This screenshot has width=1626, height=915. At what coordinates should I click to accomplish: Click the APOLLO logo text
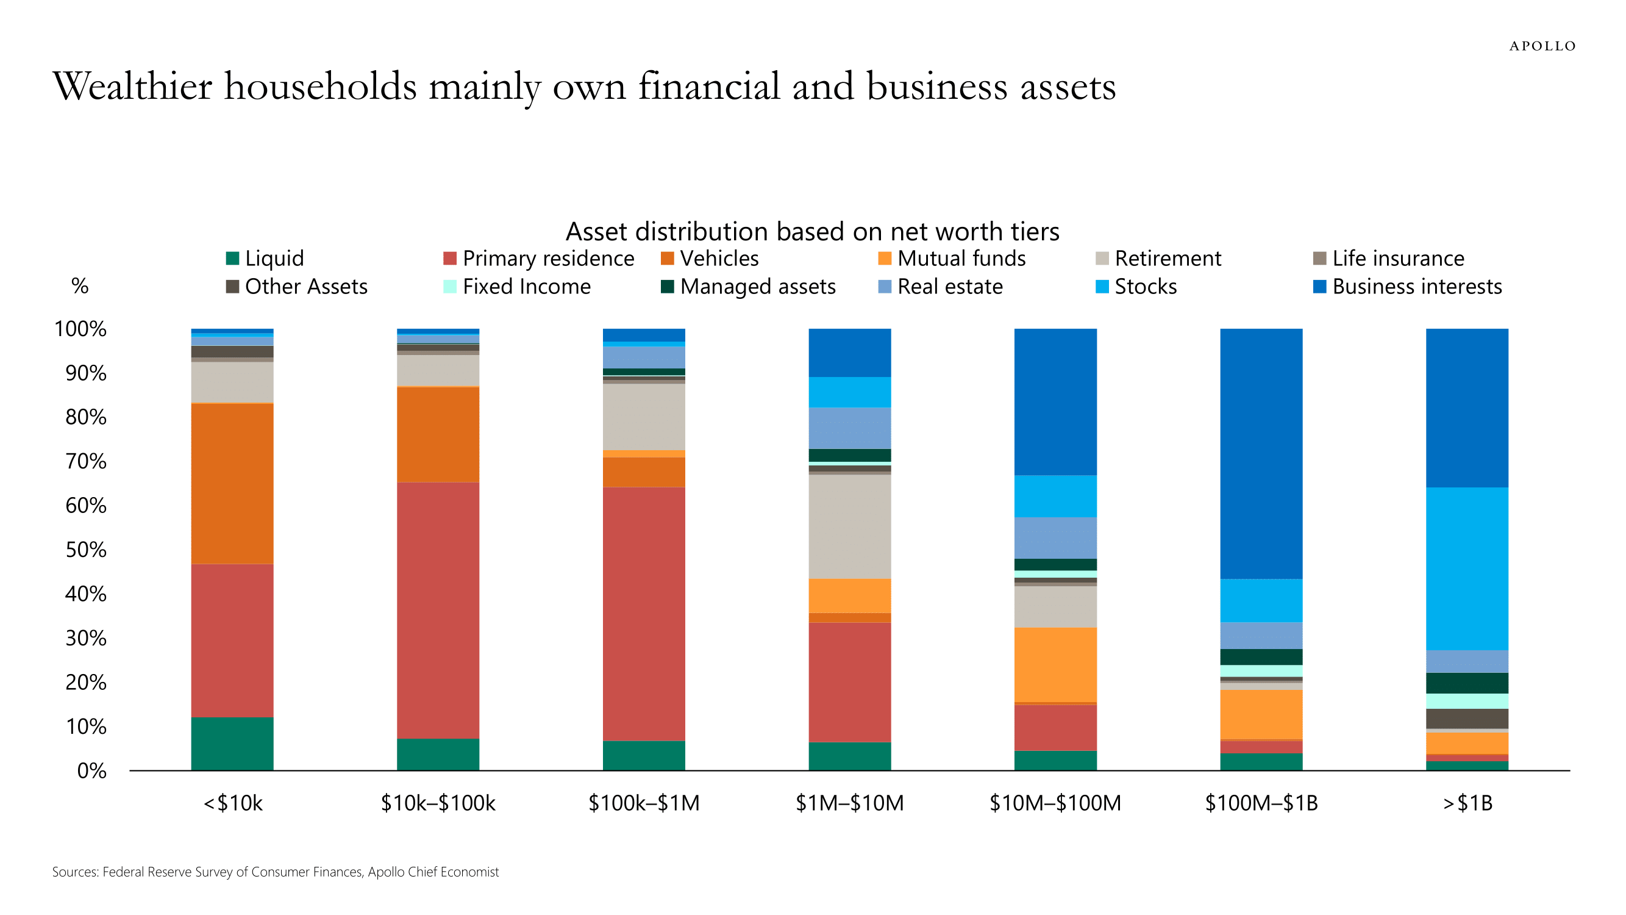1542,46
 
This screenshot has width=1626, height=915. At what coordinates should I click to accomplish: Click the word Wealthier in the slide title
132,87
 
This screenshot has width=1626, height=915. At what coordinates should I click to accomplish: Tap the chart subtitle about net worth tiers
811,232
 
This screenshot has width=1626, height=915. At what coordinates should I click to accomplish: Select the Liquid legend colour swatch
232,258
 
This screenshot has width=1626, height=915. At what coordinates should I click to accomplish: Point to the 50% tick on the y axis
86,550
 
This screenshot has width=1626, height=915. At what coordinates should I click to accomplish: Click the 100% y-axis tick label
80,329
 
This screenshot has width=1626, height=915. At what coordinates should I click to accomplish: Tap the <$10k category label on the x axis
232,803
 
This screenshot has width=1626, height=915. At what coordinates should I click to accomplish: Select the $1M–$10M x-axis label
850,803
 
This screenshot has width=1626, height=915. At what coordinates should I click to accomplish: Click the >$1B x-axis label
1467,803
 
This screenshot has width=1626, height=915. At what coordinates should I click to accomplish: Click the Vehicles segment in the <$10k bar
232,483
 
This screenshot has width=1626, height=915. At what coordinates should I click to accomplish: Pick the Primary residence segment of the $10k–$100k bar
438,610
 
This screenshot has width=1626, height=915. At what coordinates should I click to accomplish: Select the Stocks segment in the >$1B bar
1467,569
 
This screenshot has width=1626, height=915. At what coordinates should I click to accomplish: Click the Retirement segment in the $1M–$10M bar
850,526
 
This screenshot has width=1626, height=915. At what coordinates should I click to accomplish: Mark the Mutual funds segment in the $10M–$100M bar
1055,664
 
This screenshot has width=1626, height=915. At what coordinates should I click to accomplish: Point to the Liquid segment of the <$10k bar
232,744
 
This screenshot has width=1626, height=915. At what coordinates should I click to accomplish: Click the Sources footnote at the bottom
275,872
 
